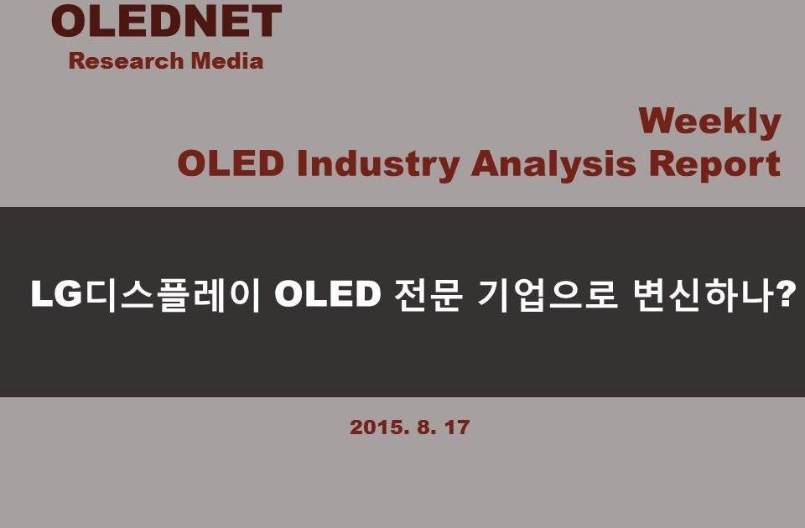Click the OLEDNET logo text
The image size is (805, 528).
coord(166,21)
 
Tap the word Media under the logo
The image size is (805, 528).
coord(227,60)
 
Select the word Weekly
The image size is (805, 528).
coord(710,123)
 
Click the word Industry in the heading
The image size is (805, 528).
coord(378,165)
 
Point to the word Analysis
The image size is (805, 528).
coord(554,165)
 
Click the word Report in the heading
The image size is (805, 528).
coord(714,165)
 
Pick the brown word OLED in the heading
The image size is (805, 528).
coord(231,163)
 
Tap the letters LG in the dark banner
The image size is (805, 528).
coord(56,294)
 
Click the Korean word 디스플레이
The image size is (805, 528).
coord(173,295)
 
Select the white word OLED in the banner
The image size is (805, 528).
coord(328,294)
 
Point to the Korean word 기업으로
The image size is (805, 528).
coord(548,295)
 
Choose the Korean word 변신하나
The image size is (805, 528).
coord(703,295)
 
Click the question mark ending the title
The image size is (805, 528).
coord(786,293)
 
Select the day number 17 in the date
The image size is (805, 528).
coord(457,427)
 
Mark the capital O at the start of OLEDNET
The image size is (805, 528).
coord(69,21)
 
